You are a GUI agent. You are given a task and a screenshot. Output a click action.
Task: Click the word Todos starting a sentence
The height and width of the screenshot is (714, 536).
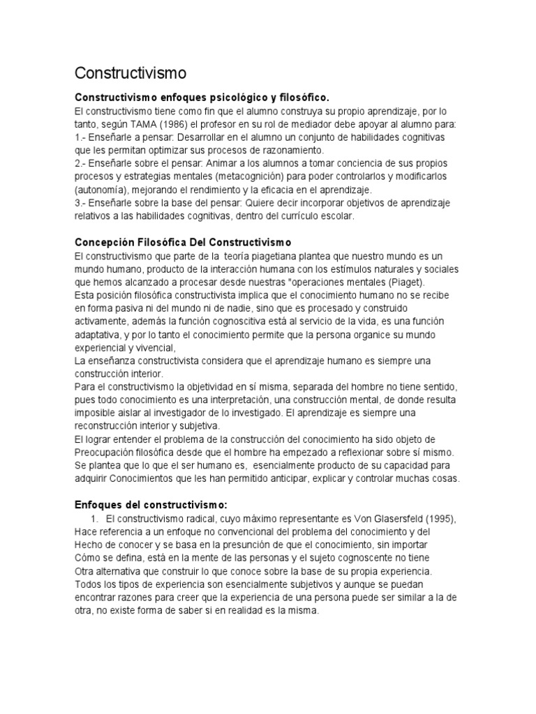[x=87, y=584]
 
